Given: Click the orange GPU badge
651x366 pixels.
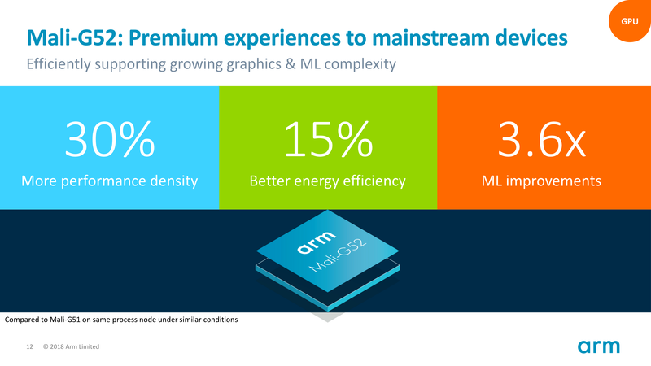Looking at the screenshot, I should (630, 21).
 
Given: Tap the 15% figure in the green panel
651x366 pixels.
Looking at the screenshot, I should (328, 141).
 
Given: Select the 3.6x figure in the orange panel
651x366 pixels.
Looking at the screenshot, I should (542, 141).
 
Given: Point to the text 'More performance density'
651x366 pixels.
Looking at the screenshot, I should (111, 181).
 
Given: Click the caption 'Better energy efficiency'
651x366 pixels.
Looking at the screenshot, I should (327, 181).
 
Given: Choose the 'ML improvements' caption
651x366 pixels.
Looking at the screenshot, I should (543, 181).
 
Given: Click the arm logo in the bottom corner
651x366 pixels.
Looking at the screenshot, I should (599, 346).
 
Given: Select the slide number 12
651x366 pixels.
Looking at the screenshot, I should (29, 347).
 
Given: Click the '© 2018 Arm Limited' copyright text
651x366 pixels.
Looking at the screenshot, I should (71, 347).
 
